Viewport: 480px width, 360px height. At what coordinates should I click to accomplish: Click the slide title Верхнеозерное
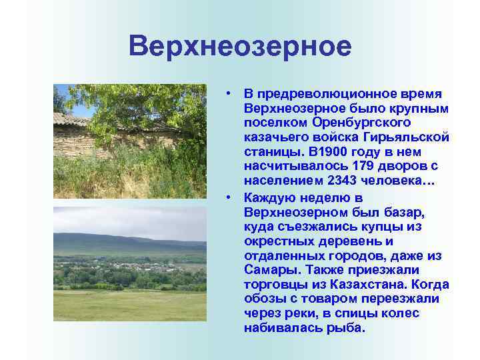click(x=240, y=47)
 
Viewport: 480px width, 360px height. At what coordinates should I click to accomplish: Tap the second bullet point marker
click(x=228, y=198)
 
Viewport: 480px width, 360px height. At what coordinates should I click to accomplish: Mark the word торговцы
click(x=275, y=284)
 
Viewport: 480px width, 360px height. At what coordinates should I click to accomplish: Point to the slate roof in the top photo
click(x=70, y=120)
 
